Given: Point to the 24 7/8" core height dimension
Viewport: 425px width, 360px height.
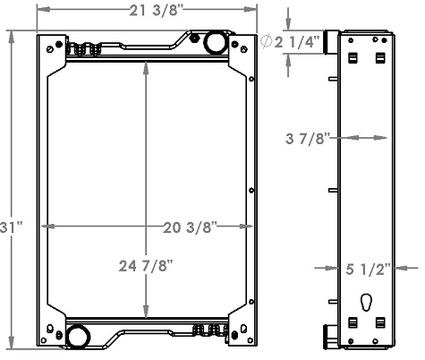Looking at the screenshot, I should pyautogui.click(x=145, y=265).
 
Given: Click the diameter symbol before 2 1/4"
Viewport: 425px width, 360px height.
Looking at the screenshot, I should pyautogui.click(x=268, y=41).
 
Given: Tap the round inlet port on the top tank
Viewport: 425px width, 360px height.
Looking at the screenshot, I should pyautogui.click(x=215, y=42).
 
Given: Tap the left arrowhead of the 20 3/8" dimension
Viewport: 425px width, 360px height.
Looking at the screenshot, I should pyautogui.click(x=48, y=227).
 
